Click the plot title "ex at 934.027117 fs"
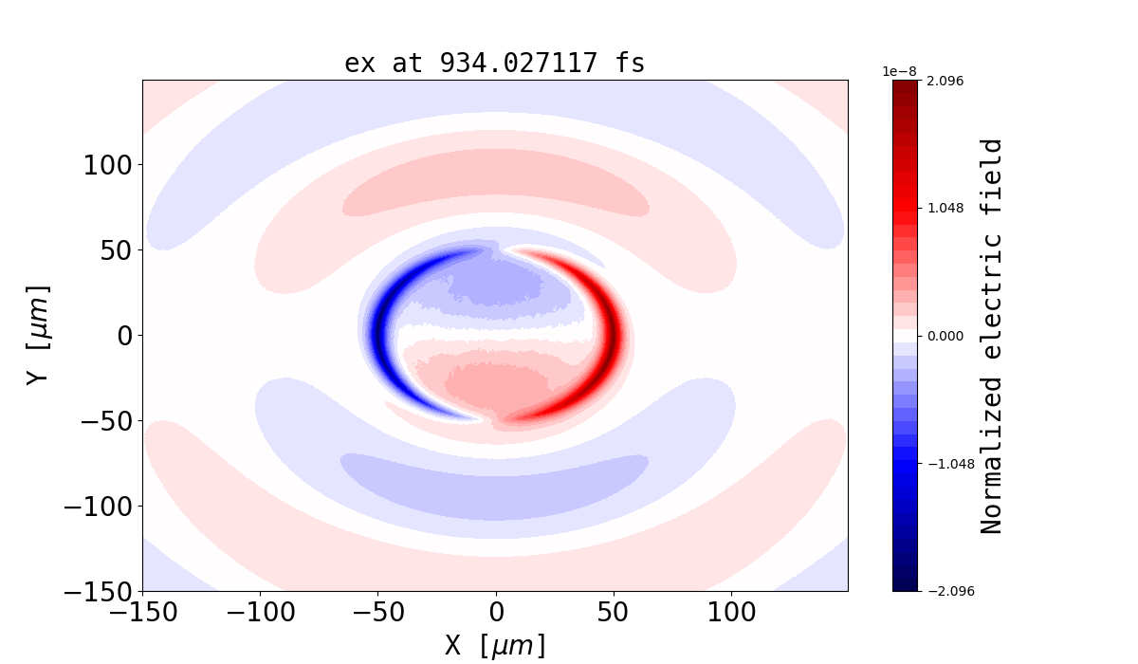click(494, 64)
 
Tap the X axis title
click(495, 646)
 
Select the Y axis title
click(38, 335)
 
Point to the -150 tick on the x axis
click(143, 612)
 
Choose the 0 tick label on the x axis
click(495, 612)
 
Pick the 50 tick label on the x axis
click(614, 612)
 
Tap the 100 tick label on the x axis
click(731, 612)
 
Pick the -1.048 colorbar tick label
click(942, 464)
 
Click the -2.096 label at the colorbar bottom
click(942, 591)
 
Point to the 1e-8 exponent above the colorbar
click(898, 71)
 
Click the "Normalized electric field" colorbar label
click(992, 336)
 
